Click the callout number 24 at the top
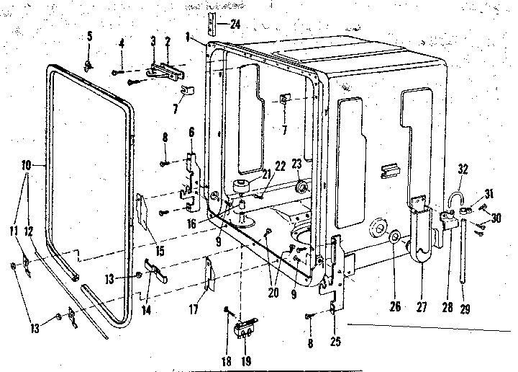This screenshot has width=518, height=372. click(x=235, y=24)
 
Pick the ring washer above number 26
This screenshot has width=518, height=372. click(x=395, y=238)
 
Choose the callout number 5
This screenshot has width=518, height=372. click(x=90, y=35)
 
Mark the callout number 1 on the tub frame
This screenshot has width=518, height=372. click(x=186, y=35)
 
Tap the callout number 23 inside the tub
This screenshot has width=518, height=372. click(x=295, y=164)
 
